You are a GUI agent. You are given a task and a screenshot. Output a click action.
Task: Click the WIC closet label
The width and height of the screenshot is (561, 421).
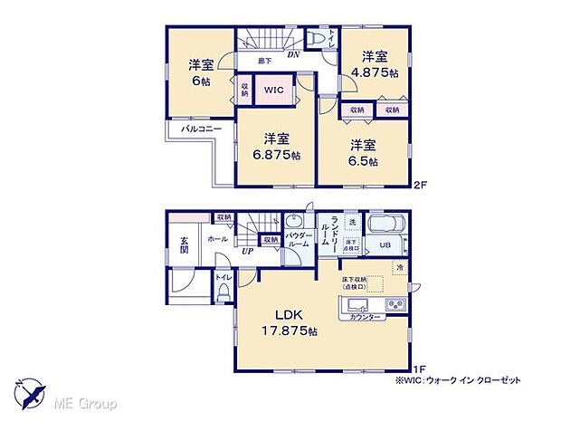pyautogui.click(x=272, y=90)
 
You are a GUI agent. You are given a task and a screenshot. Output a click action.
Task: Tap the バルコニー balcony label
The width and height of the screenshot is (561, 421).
pyautogui.click(x=195, y=130)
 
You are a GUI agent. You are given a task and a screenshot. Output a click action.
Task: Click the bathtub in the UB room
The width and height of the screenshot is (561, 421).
pyautogui.click(x=388, y=225)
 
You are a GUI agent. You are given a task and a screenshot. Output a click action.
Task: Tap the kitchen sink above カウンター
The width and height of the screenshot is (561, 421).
pyautogui.click(x=356, y=302)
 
